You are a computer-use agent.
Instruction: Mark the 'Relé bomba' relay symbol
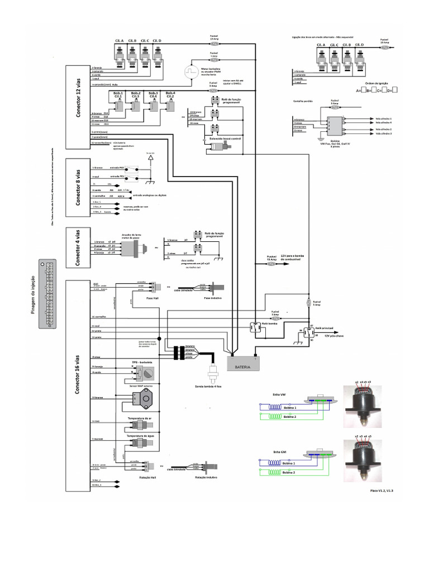click(257, 328)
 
